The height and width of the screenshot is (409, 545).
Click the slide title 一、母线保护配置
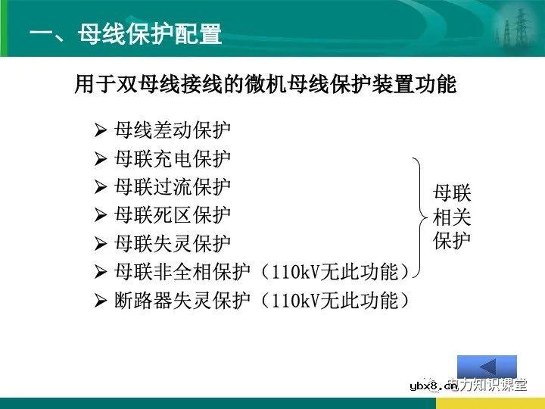[125, 35]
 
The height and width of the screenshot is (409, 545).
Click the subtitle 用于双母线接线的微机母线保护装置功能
[265, 84]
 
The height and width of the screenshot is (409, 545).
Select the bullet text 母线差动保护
[173, 130]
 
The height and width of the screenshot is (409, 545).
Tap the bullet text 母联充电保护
[173, 158]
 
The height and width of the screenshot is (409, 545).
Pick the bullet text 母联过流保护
[173, 186]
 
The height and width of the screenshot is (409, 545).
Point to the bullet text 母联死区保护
[173, 215]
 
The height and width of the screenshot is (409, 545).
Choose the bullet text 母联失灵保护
[173, 244]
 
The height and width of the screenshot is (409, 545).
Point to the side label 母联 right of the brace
[452, 192]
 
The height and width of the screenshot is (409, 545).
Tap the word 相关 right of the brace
[452, 217]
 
